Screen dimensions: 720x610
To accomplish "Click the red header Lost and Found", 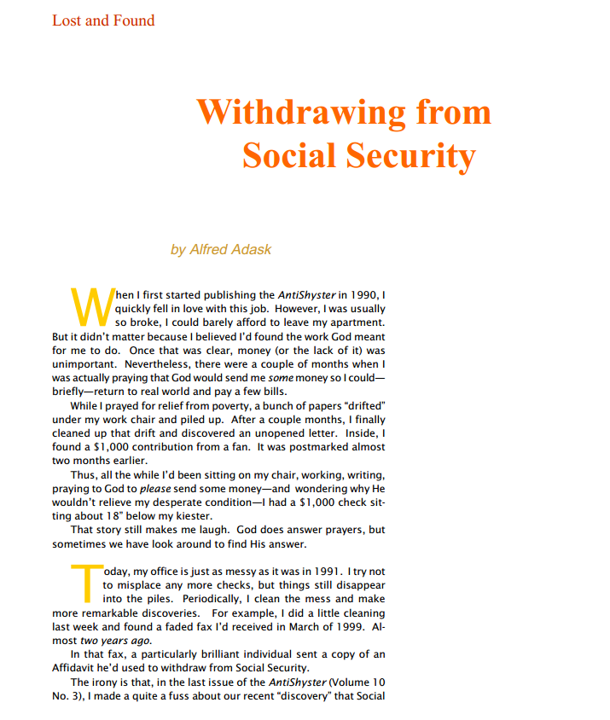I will tap(103, 20).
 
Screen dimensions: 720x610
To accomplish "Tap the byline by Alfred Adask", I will tap(221, 249).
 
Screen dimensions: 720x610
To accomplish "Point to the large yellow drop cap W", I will tap(89, 308).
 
